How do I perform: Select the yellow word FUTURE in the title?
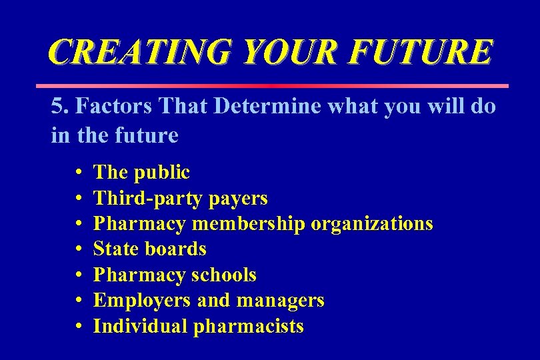coord(427,52)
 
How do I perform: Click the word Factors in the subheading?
coord(106,107)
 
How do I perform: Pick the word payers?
coord(238,198)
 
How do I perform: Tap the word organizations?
coord(372,223)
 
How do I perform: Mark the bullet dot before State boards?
coord(79,249)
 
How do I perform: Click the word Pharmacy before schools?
coord(139,275)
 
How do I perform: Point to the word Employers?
coord(143,301)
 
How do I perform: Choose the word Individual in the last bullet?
coord(141,326)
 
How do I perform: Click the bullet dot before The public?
coord(79,173)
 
